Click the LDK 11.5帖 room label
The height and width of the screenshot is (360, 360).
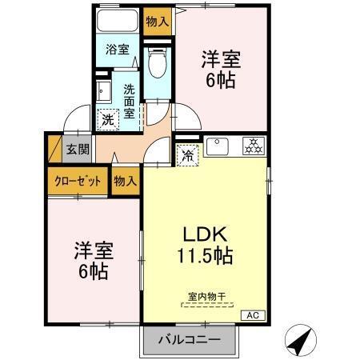click(x=204, y=246)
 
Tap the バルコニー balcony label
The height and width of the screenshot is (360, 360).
click(x=191, y=338)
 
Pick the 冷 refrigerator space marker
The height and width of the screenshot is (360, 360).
click(x=186, y=156)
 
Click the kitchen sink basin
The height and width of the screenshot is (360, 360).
click(x=218, y=147)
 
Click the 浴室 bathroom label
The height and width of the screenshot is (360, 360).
click(x=118, y=50)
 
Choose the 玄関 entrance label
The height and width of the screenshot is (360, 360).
click(x=77, y=148)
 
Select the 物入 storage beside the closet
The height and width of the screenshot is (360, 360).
click(x=125, y=181)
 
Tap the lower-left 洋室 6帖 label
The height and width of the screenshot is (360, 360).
click(x=94, y=260)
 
